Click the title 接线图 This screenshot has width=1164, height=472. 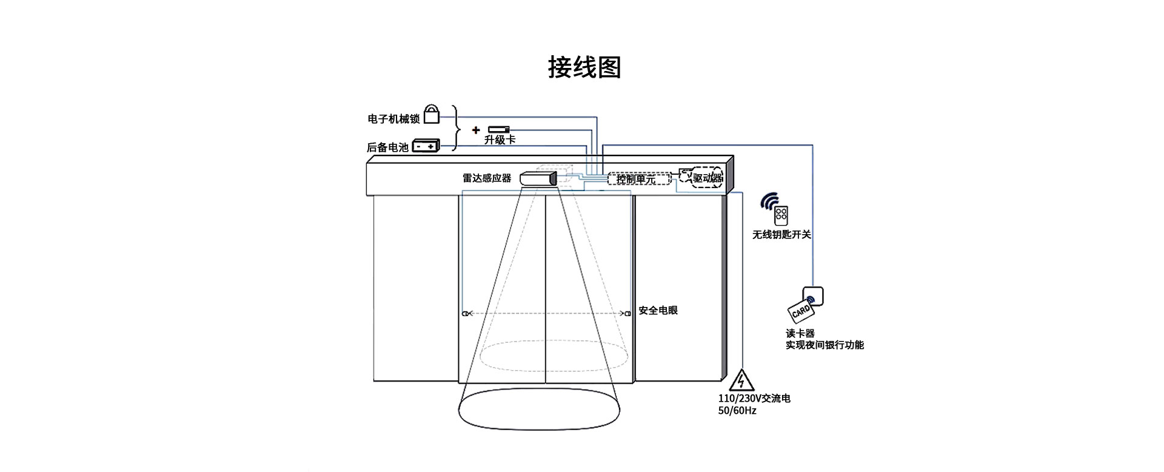click(584, 67)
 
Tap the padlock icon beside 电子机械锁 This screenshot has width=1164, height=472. click(431, 113)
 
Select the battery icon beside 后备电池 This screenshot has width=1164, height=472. click(426, 146)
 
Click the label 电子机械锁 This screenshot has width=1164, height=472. click(393, 119)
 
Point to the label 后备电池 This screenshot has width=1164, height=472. click(388, 147)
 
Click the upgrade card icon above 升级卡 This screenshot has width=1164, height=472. click(499, 129)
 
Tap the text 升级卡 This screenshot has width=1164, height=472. click(500, 140)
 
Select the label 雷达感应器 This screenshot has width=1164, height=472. click(487, 178)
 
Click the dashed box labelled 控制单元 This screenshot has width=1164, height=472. click(638, 178)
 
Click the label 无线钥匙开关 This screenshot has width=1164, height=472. click(781, 235)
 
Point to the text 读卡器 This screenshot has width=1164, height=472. click(800, 334)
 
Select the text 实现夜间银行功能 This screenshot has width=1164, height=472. click(824, 345)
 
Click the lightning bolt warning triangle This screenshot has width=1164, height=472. click(741, 380)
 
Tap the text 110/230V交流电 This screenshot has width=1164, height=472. click(754, 399)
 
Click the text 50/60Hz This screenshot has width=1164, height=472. click(737, 411)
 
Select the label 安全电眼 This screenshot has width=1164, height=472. click(658, 311)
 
